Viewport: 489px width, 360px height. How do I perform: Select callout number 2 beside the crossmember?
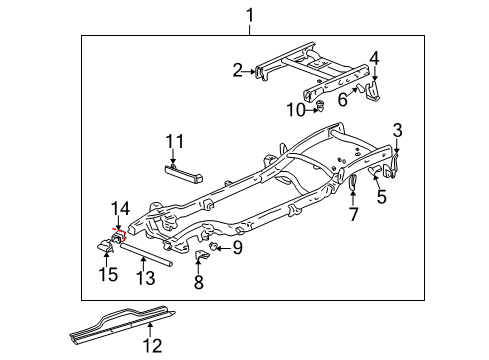238,70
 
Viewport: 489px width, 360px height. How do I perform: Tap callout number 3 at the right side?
397,130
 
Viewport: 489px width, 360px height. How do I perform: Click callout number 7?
353,215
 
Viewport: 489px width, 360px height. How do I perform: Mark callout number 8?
198,283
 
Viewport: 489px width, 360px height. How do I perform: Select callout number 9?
237,248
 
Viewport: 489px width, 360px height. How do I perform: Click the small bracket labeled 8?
200,262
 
